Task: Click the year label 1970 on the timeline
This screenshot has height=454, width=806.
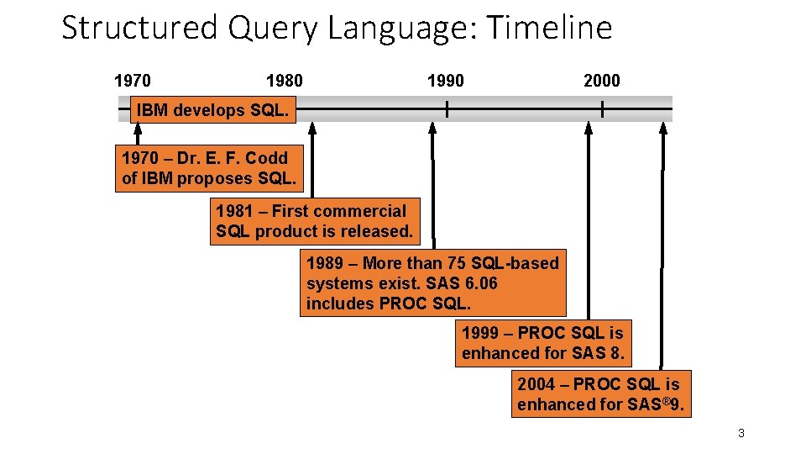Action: coord(133,81)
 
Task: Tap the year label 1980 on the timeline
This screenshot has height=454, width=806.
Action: coord(284,81)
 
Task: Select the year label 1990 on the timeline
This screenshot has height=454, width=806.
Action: coord(445,81)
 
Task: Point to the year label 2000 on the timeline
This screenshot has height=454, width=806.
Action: coord(601,81)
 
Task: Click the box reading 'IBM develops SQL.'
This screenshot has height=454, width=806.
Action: coord(212,110)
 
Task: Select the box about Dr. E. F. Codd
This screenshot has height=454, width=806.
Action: coord(206,168)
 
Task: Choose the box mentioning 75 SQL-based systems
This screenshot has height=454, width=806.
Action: coord(432,283)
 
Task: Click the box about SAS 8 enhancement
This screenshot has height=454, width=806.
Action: coord(543,343)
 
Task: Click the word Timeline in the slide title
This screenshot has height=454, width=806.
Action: coord(549,28)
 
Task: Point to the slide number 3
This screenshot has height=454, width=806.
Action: coord(741,433)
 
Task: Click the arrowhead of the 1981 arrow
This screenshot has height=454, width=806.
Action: coord(312,128)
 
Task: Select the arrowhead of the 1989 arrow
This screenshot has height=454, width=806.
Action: coord(432,128)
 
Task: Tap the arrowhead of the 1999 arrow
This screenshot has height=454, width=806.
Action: coord(589,128)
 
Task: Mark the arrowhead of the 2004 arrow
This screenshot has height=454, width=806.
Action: coord(662,128)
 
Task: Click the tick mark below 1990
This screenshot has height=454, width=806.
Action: coord(447,108)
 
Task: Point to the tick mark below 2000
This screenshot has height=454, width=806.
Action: coord(602,108)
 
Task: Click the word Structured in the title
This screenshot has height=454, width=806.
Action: coord(139,28)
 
